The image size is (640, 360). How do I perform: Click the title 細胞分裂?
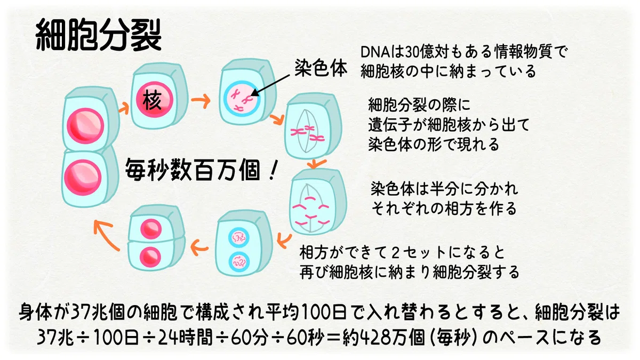coord(99,35)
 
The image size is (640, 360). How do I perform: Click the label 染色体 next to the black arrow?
coord(321,68)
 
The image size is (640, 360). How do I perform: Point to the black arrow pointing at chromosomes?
coord(270,85)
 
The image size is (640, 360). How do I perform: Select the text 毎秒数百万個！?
coord(201,170)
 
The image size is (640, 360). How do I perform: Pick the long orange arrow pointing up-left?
coord(106,235)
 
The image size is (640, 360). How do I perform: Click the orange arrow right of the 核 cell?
coord(201,101)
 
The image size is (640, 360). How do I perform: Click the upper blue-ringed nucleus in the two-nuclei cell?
coord(239,237)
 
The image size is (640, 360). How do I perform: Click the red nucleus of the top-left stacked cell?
coord(85,126)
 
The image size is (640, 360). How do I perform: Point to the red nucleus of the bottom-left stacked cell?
coord(83,178)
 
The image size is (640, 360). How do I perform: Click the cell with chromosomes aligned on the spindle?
coord(313,126)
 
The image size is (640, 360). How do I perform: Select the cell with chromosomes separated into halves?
coord(318,202)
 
